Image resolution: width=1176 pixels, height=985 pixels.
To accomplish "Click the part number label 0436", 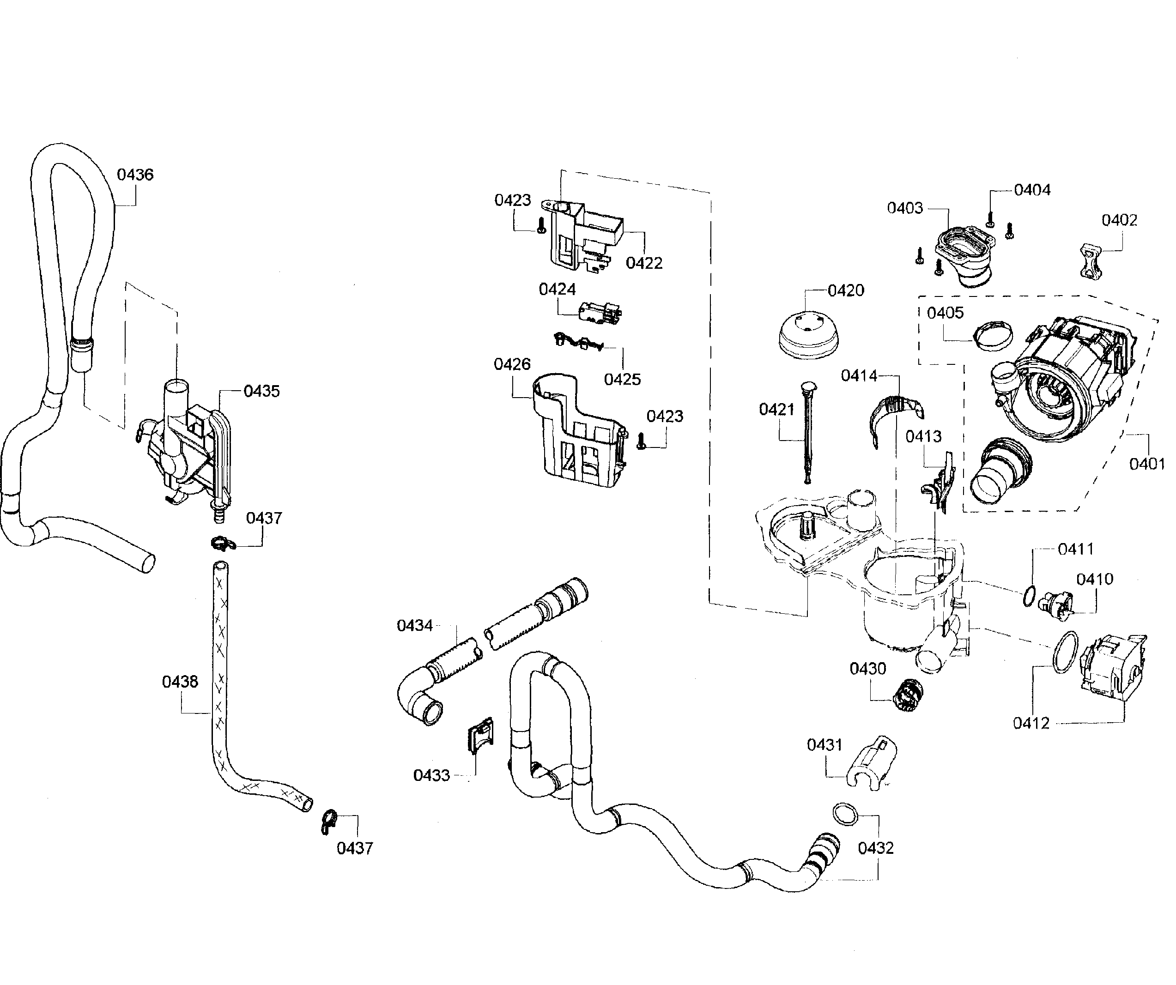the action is (135, 175).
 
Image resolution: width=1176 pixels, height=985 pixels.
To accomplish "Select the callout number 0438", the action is (180, 682).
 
